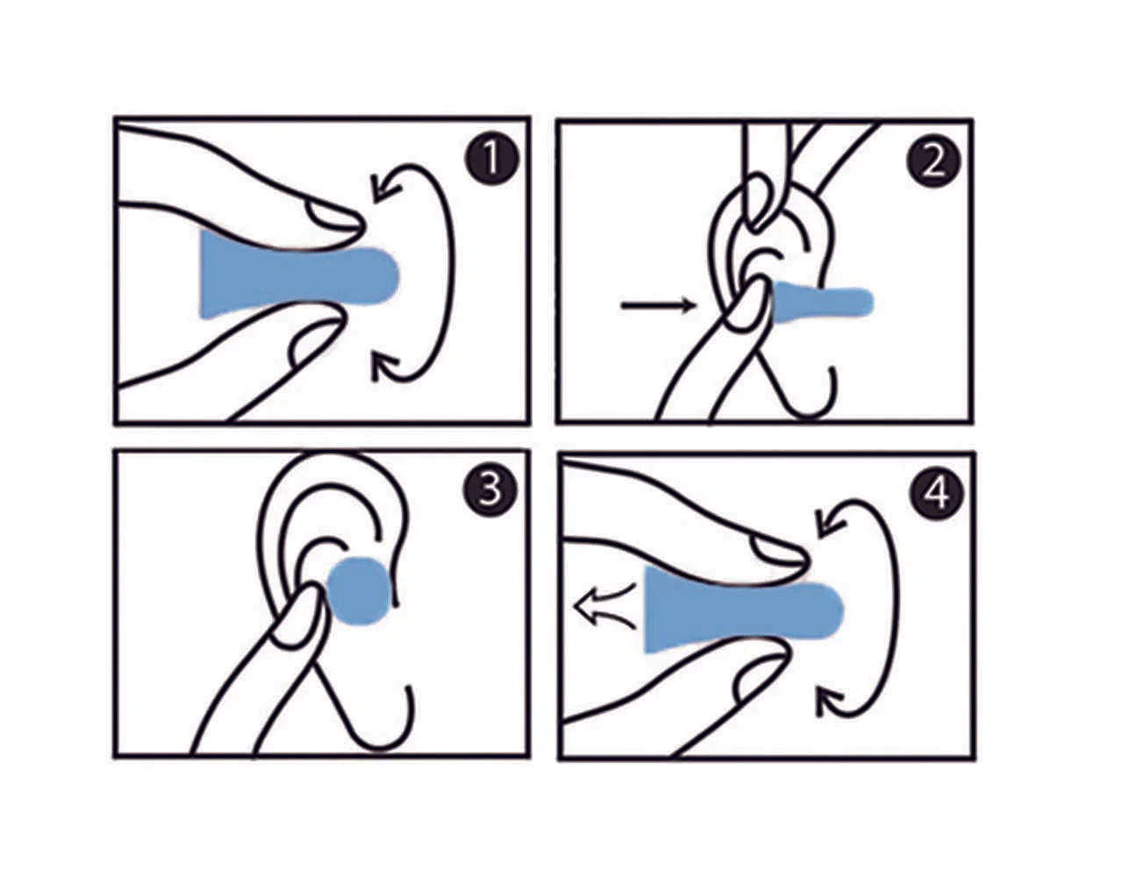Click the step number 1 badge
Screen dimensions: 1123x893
coord(491,157)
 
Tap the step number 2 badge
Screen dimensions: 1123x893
coord(933,159)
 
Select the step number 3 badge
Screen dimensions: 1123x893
coord(490,490)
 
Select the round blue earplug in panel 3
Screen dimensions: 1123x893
coord(360,590)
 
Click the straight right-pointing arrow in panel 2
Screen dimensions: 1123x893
coord(659,304)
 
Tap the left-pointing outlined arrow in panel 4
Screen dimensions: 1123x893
coord(604,606)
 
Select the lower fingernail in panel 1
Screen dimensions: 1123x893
coord(316,342)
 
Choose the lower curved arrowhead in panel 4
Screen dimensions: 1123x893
coord(830,701)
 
